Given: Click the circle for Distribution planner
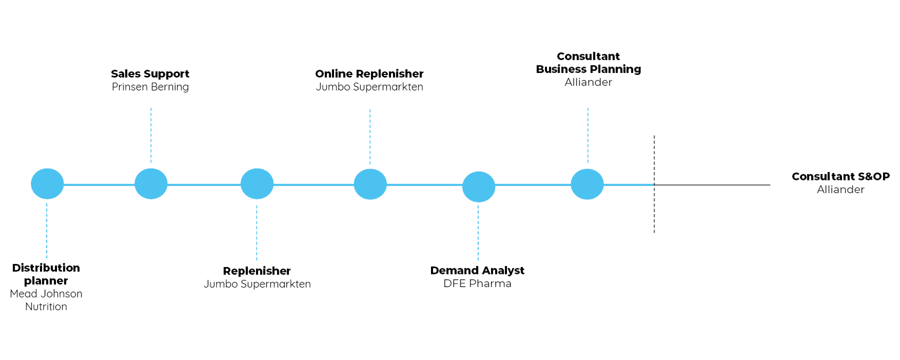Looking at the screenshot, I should [47, 184].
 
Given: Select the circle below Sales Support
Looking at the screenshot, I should [150, 183].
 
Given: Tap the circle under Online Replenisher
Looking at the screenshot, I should [370, 184].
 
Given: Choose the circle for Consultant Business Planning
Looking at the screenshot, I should [587, 184].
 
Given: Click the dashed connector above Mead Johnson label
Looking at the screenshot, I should [47, 230].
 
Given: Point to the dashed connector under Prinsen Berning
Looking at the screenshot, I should [151, 135].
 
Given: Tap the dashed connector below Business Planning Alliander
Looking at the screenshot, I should [587, 135].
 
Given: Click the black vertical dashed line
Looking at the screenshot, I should [654, 210].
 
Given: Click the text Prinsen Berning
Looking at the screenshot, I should [150, 87].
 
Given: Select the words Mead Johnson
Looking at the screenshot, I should [46, 294].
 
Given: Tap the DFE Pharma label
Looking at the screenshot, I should [478, 284].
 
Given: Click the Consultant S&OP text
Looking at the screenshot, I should [841, 176].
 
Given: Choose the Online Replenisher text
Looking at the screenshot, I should [369, 74].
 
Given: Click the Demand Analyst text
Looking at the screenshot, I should [478, 271].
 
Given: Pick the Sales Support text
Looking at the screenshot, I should [150, 74].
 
